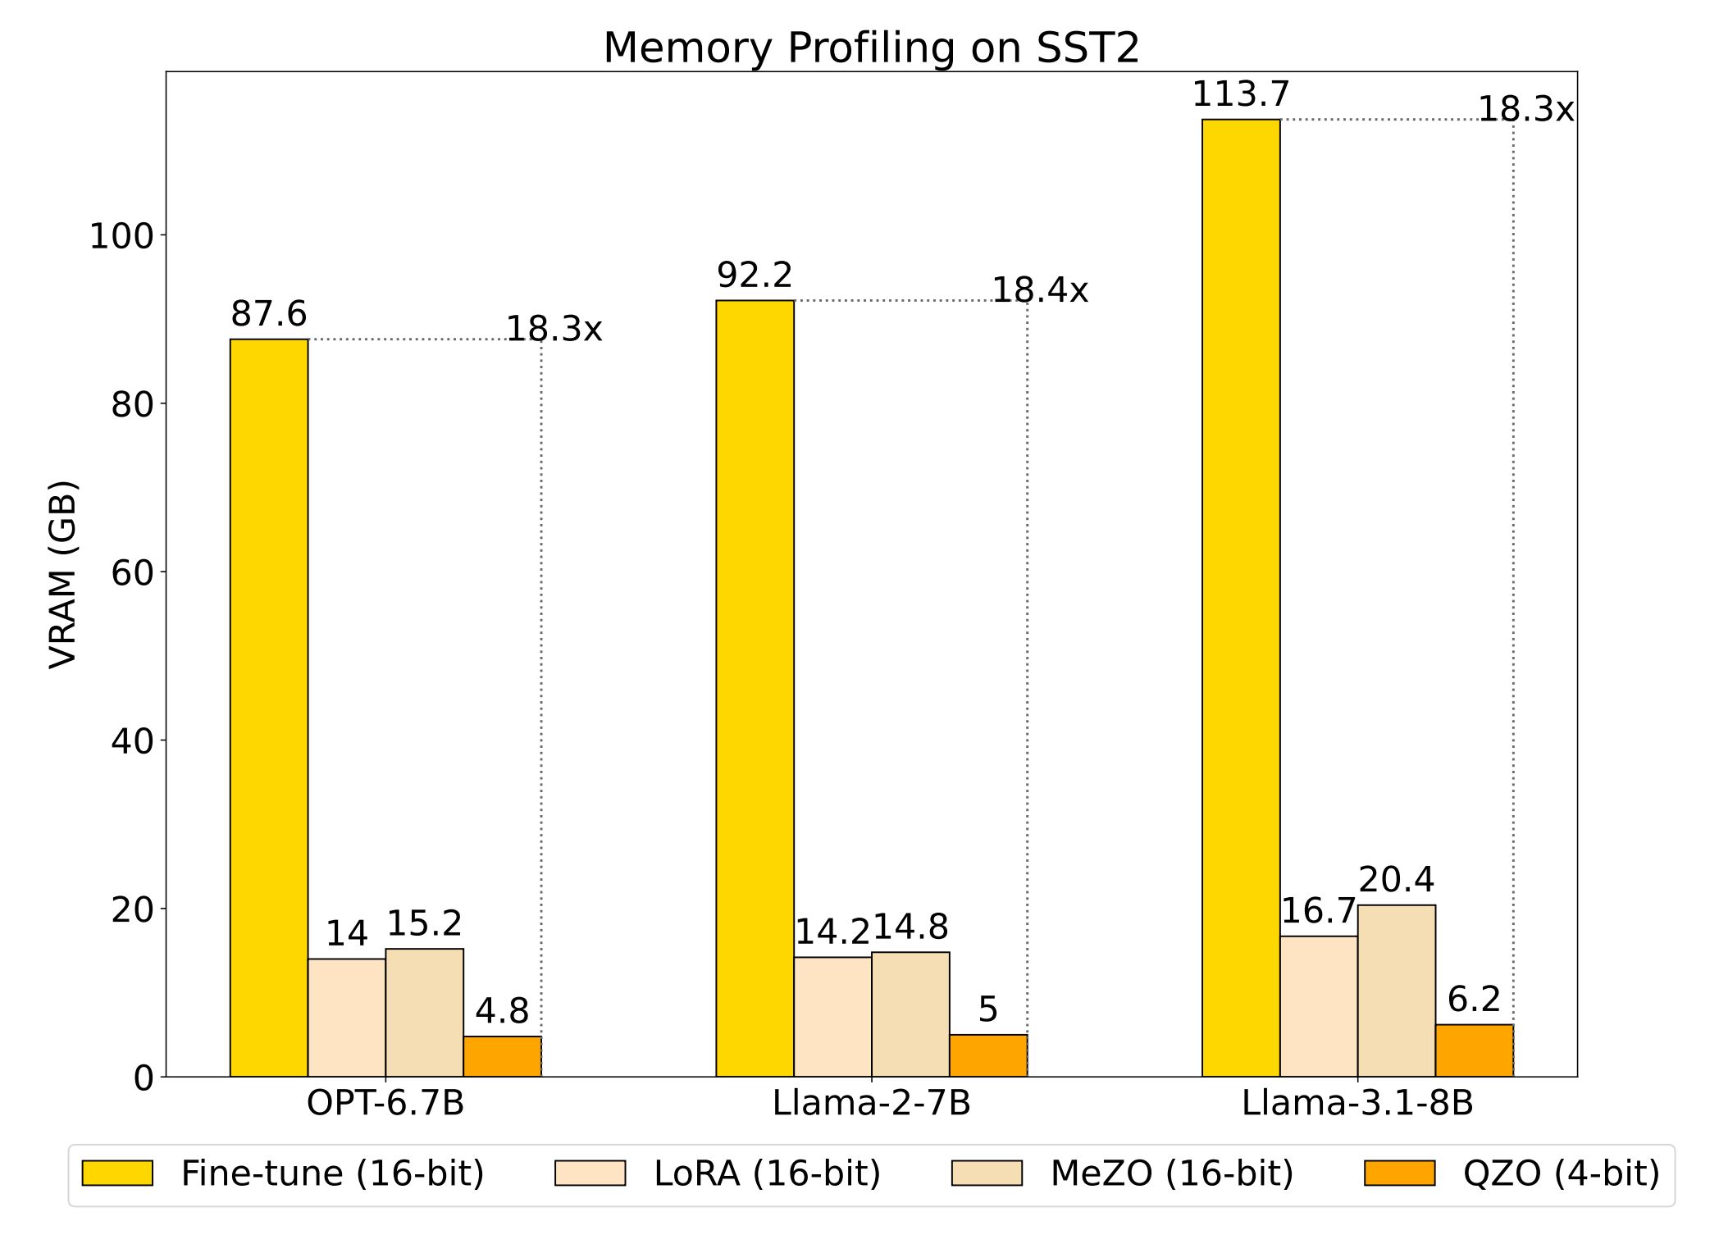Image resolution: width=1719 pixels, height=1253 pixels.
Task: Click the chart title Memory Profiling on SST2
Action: pos(871,48)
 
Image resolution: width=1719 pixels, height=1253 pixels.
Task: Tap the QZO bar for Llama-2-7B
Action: pos(988,1055)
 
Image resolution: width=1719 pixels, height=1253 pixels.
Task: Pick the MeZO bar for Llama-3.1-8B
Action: pos(1396,991)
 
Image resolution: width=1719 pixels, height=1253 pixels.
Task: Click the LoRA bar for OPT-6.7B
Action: pos(347,1018)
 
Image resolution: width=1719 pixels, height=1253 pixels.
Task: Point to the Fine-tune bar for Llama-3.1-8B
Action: pos(1241,598)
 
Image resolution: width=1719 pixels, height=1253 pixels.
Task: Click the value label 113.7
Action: pos(1241,95)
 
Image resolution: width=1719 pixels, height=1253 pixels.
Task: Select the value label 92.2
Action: pos(755,276)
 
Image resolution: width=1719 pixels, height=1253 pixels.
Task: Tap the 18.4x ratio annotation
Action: pos(1040,291)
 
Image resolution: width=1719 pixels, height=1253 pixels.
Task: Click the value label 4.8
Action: pos(502,1012)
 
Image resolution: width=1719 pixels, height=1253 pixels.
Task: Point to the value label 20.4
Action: pos(1396,881)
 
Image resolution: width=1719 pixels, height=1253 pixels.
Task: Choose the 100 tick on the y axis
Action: pos(121,237)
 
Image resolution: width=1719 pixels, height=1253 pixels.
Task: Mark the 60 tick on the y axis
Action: pos(132,573)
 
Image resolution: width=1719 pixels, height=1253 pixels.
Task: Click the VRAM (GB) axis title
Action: pos(63,574)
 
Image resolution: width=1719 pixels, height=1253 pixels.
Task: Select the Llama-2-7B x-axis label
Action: pos(871,1104)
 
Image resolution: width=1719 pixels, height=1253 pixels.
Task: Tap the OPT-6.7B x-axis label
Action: pos(385,1104)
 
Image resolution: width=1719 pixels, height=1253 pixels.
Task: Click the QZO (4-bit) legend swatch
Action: pos(1399,1173)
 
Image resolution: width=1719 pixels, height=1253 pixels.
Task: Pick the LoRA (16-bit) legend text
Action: pos(767,1173)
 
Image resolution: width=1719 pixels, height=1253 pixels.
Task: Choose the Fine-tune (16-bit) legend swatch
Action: pos(117,1173)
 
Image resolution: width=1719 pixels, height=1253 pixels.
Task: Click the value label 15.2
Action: pos(424,924)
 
